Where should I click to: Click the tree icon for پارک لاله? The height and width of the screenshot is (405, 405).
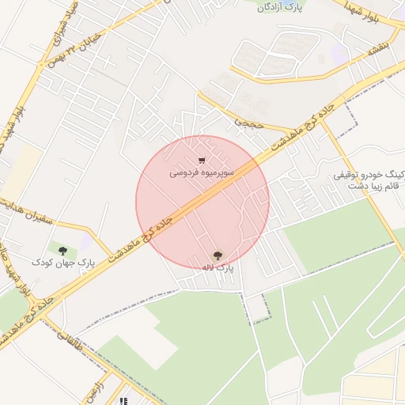pos(218,255)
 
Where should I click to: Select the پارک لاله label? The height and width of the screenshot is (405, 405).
pos(218,268)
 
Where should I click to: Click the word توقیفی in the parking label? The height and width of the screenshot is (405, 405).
pos(350,173)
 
